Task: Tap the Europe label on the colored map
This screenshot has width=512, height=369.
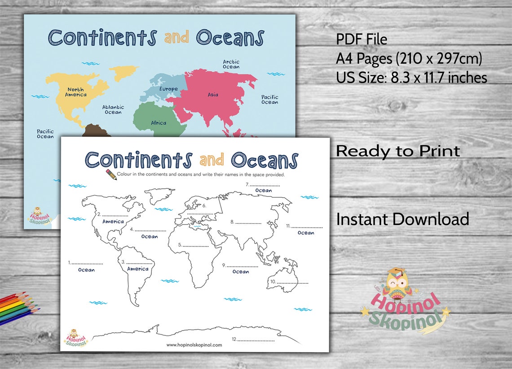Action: (168, 89)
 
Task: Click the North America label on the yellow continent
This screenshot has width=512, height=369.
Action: (76, 92)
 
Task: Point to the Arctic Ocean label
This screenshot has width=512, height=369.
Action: (231, 64)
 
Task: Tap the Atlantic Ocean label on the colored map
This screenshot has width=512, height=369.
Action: (113, 109)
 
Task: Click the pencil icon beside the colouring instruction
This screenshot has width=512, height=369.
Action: (111, 174)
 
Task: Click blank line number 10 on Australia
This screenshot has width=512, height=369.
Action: (292, 282)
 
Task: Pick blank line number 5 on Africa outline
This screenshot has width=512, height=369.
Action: (196, 246)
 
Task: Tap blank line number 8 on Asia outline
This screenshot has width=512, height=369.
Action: (248, 222)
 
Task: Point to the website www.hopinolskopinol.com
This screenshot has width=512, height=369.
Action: (194, 345)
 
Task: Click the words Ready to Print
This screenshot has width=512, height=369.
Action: (398, 151)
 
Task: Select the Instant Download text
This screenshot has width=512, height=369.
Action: (402, 219)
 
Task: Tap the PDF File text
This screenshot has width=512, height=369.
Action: (362, 39)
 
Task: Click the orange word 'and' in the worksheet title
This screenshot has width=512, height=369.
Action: (211, 160)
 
